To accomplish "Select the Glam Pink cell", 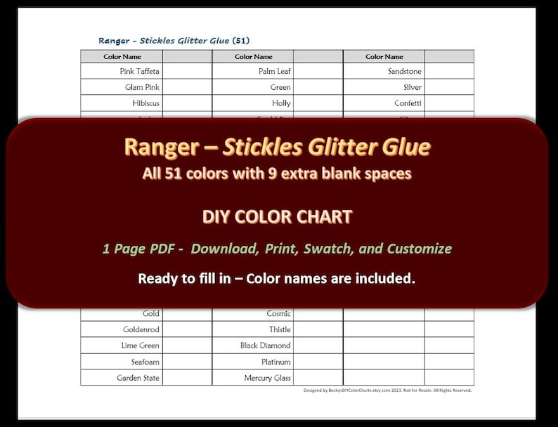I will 143,87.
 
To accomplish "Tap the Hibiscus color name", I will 145,103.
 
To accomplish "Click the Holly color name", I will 281,103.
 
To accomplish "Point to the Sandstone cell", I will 404,71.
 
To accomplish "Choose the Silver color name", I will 412,87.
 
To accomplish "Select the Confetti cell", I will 408,103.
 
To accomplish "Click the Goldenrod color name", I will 141,329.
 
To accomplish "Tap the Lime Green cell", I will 140,346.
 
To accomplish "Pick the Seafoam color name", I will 145,362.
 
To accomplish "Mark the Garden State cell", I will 138,378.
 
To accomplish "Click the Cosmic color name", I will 278,313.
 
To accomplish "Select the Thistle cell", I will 279,329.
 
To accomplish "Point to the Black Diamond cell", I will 265,346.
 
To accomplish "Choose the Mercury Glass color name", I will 267,378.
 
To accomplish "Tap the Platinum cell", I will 276,362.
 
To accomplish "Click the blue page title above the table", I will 174,40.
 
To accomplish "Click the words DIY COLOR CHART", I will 277,217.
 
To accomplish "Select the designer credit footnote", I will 387,390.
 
